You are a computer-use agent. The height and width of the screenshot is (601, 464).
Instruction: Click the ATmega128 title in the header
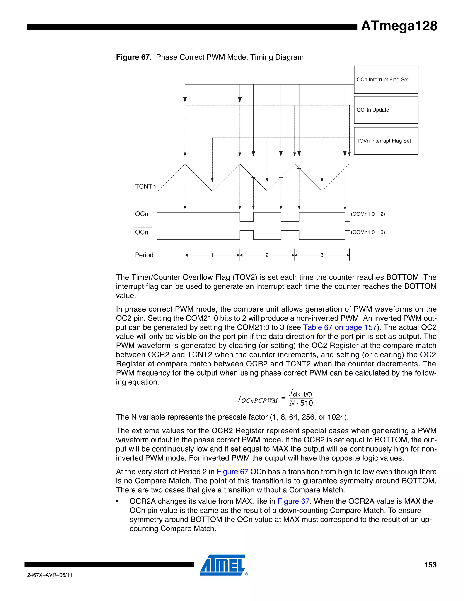[399, 26]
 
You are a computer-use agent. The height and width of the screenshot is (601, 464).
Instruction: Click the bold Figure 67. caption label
[134, 57]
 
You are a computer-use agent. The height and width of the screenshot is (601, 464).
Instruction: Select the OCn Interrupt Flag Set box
[386, 80]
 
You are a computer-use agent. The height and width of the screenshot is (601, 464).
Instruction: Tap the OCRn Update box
[386, 110]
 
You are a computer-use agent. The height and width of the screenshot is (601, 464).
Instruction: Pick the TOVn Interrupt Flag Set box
[386, 141]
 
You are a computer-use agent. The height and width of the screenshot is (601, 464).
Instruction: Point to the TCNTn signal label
[145, 187]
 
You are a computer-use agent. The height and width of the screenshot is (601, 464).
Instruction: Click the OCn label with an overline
[142, 232]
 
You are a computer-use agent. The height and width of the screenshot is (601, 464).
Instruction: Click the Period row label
[144, 255]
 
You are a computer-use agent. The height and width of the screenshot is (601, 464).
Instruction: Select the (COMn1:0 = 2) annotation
[368, 214]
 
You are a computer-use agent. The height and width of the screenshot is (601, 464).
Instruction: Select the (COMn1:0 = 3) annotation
[368, 232]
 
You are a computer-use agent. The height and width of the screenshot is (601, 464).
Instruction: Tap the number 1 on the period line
[212, 255]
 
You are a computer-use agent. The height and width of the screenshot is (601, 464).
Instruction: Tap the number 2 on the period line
[267, 255]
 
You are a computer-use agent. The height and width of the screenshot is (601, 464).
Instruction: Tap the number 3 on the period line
[322, 255]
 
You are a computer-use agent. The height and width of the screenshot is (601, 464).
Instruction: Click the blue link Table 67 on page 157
[340, 327]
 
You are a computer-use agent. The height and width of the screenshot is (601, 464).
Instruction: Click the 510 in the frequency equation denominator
[307, 403]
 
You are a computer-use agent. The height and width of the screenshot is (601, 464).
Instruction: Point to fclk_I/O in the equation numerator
[301, 393]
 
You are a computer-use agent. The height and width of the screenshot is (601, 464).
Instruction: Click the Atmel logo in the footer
[223, 565]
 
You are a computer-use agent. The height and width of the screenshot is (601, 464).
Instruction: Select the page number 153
[430, 565]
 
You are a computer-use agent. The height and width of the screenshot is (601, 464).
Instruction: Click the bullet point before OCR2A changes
[118, 502]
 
